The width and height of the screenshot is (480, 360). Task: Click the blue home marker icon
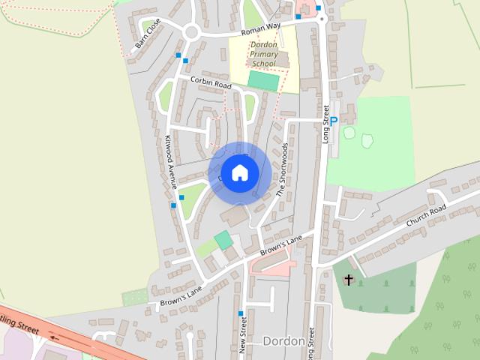[x=239, y=173]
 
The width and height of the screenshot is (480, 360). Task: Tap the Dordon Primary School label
[x=264, y=55]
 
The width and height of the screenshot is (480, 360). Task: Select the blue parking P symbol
[x=334, y=121]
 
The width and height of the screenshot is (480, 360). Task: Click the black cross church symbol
[x=348, y=280]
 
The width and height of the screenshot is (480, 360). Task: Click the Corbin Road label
[x=211, y=83]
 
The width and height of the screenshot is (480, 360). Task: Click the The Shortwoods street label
[x=282, y=169]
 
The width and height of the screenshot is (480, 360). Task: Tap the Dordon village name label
[x=283, y=341]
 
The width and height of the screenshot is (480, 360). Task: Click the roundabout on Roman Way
[x=191, y=32]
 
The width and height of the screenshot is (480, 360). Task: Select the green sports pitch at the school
[x=263, y=80]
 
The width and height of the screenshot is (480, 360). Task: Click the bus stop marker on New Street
[x=241, y=313]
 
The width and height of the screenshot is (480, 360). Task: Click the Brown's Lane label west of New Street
[x=181, y=297]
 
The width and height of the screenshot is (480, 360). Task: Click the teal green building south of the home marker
[x=223, y=240]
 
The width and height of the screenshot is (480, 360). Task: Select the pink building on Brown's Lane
[x=275, y=266]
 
